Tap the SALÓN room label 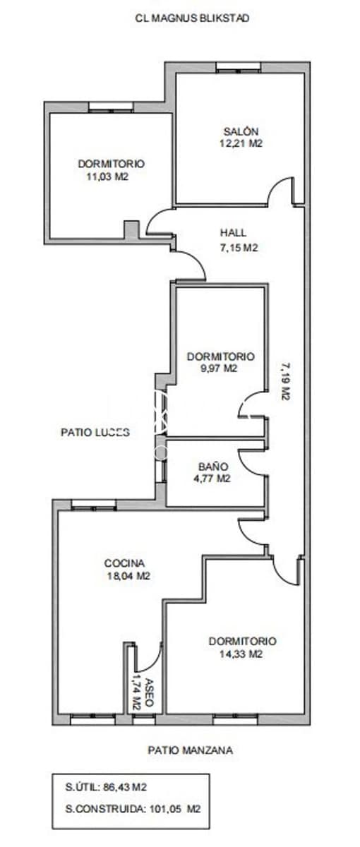click(241, 131)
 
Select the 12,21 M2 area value click(241, 143)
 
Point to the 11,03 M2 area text click(107, 176)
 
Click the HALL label click(233, 234)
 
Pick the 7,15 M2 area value click(236, 248)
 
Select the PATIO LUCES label click(95, 433)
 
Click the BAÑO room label click(213, 467)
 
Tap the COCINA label click(124, 563)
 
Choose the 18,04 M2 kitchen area click(127, 575)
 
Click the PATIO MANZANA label click(191, 750)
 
